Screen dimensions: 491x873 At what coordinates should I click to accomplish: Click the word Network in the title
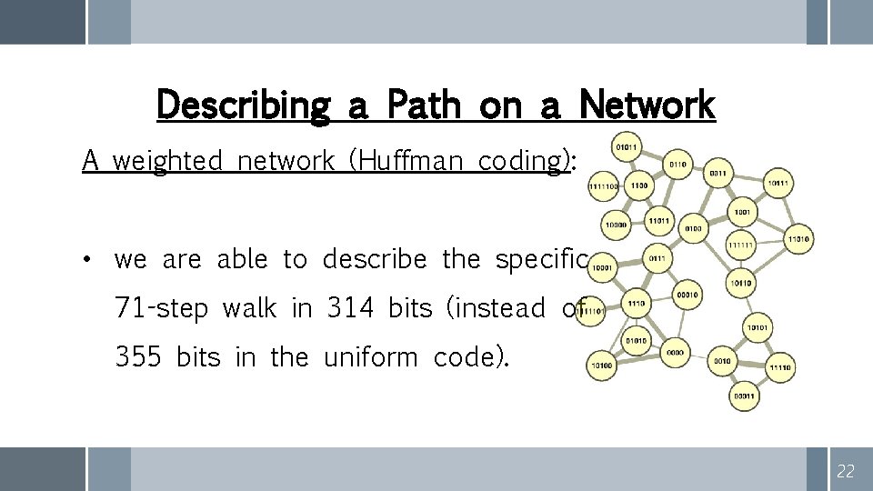647,105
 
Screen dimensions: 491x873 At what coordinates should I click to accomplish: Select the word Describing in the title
243,106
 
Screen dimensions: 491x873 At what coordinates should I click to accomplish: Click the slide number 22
846,470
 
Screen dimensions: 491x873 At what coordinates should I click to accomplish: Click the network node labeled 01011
627,145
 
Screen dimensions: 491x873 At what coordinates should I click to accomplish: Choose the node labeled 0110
677,165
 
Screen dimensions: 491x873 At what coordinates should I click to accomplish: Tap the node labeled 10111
778,184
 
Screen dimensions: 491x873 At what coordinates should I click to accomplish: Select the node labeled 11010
798,239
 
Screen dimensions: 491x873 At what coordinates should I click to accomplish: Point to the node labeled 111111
740,244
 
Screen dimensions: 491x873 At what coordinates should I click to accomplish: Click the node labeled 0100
693,228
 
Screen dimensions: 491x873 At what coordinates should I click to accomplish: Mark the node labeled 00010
687,295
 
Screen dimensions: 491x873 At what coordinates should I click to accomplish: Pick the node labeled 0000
675,352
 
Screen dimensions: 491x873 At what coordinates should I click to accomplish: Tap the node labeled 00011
744,396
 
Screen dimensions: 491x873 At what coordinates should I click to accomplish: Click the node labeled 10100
602,366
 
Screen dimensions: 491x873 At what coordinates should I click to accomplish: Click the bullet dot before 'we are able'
85,259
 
